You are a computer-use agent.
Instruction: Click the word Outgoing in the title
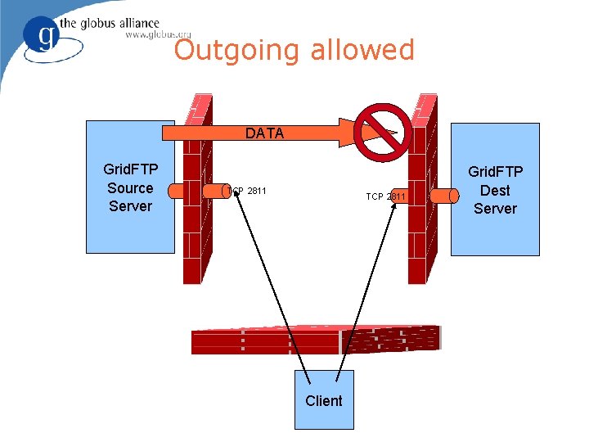pos(237,51)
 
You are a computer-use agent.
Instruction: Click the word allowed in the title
pos(362,50)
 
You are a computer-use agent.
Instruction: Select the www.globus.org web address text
pos(158,35)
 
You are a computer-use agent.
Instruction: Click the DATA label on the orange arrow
pos(264,133)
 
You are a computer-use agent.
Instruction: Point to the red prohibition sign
pos(383,133)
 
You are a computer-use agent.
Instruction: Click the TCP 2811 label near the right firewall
pos(385,196)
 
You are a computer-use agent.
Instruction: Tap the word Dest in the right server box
pos(495,190)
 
